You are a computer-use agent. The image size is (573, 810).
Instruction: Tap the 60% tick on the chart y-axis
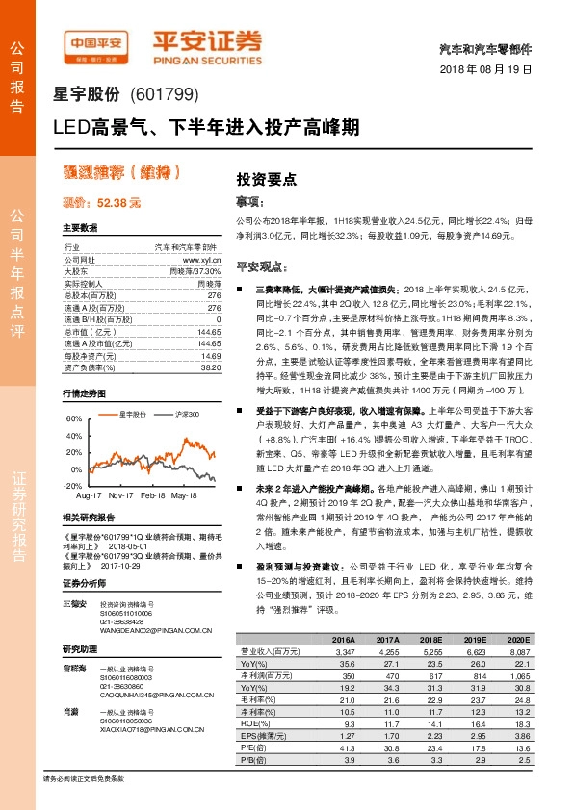71,419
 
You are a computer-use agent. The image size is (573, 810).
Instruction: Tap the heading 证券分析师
84,583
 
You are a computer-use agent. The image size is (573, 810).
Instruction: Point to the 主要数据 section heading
80,229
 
